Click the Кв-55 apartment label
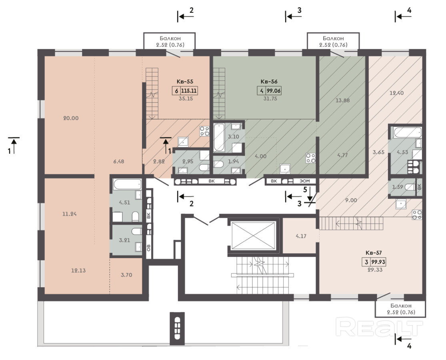(186, 82)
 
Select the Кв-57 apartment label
(374, 252)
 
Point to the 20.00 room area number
(71, 118)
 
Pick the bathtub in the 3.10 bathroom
(219, 138)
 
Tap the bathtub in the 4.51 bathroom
(128, 184)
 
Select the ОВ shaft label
(149, 248)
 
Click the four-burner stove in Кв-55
(204, 131)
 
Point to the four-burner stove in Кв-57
(417, 215)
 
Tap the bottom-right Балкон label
(401, 306)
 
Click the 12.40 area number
(396, 93)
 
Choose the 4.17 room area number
(301, 236)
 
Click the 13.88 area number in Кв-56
(342, 100)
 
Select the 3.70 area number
(126, 275)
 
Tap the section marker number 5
(305, 189)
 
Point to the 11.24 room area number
(70, 214)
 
